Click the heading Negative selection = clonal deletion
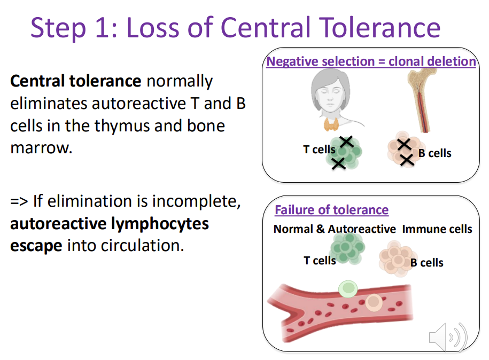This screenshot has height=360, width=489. click(371, 61)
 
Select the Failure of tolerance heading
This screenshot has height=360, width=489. click(331, 210)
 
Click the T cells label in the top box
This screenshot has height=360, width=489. click(319, 150)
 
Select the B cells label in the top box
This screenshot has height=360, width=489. click(434, 153)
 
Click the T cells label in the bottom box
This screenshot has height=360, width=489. click(320, 261)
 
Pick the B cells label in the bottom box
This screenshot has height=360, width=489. click(426, 263)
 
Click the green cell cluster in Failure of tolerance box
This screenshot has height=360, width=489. click(347, 248)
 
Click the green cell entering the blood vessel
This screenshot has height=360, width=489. click(348, 289)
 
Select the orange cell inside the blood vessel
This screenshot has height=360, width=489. click(375, 303)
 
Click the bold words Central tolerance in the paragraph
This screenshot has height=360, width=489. click(75, 82)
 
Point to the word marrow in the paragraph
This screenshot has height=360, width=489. click(41, 148)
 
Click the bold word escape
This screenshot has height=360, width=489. click(36, 246)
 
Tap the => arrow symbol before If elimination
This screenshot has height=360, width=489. click(19, 202)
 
